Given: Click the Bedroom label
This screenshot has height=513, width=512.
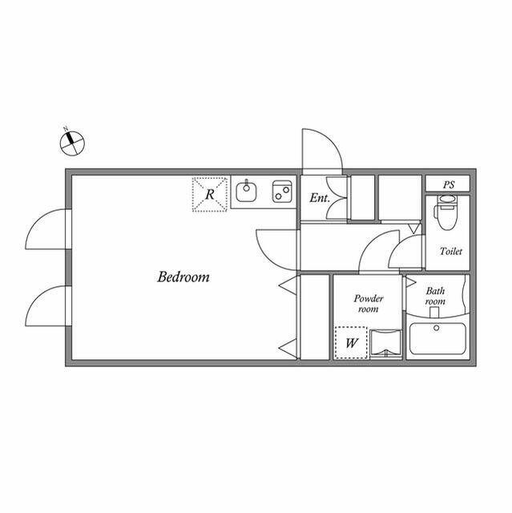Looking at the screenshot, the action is [183, 277].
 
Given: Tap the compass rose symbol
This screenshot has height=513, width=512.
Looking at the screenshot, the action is [72, 143].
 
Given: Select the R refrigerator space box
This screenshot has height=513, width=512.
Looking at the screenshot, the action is [210, 194].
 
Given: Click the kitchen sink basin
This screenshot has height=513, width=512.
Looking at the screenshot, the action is [246, 192].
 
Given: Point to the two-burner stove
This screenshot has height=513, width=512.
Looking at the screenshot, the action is [282, 192].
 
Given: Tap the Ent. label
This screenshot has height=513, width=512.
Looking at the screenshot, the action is [320, 198].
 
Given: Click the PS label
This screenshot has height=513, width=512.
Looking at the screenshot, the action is [449, 185].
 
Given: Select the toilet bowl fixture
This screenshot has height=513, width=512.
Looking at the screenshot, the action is [445, 212].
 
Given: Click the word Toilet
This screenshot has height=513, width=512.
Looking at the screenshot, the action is [451, 251].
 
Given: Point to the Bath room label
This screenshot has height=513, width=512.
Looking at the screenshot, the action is [436, 296].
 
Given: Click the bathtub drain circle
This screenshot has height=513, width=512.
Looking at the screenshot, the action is [436, 328].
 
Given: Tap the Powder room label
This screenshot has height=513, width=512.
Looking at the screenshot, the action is [369, 303].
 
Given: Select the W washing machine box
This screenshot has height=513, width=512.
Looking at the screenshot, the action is [351, 342].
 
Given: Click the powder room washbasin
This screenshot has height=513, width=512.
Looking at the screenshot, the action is [385, 343].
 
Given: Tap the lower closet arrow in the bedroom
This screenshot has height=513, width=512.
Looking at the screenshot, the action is [288, 347].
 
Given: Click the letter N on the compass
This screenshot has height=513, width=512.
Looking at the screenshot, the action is [66, 128].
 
